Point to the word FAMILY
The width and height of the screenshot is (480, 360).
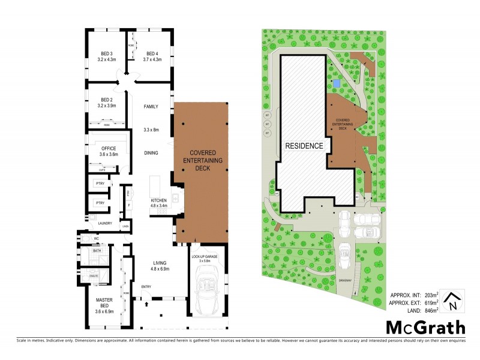(151, 107)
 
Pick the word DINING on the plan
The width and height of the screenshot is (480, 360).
(151, 153)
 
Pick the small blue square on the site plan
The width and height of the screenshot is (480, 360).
(337, 82)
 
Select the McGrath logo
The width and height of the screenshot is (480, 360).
(425, 328)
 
